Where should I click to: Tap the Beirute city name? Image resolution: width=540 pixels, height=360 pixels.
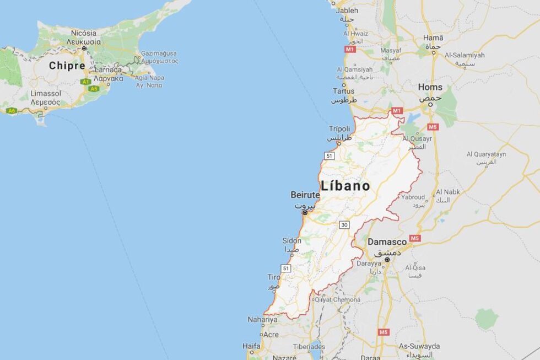305,195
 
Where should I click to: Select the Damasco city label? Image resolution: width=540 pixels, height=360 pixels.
387,241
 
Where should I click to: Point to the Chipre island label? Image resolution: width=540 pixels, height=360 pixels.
67,66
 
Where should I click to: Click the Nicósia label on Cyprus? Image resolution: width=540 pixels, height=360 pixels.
83,33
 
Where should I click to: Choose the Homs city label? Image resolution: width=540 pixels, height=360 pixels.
430,87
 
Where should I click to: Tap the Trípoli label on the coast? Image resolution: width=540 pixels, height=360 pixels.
339,128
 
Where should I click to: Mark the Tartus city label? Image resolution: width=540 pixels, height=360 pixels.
343,91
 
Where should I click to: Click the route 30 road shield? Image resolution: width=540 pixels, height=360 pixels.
344,224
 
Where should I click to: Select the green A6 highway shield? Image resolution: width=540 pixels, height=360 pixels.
12,111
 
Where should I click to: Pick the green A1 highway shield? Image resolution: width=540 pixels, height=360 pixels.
85,82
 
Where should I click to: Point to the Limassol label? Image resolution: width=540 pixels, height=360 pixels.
46,94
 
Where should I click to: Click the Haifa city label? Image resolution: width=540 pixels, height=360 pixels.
251,346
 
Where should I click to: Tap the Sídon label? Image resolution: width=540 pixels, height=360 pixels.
291,240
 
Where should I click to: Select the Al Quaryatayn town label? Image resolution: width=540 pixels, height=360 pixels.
485,154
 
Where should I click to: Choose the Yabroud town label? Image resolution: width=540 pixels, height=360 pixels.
413,197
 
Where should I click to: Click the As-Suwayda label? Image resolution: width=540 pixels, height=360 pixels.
419,346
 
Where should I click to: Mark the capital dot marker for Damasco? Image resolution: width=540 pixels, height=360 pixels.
387,259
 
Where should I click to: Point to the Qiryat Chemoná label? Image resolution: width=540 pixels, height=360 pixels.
338,300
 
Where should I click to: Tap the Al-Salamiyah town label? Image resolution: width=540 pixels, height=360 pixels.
464,55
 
